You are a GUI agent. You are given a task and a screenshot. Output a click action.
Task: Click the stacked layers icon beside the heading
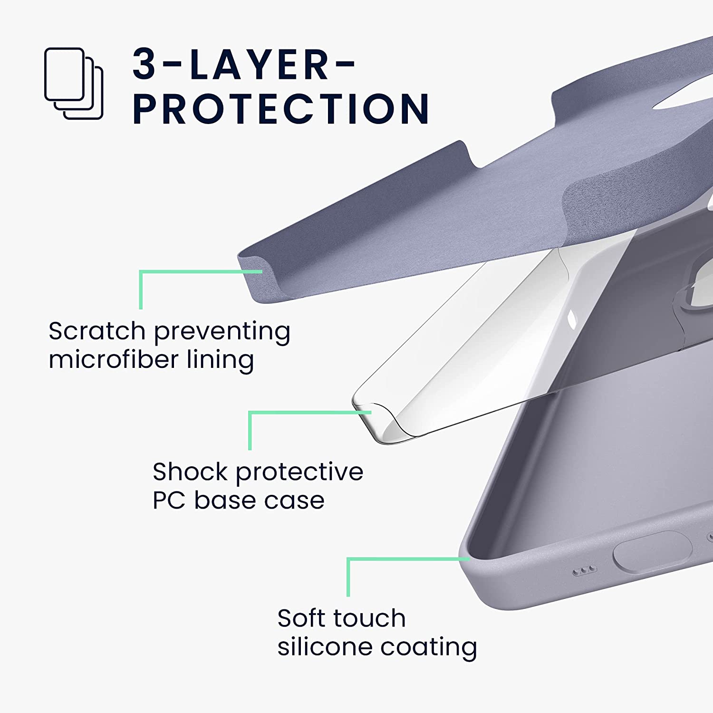pos(74,83)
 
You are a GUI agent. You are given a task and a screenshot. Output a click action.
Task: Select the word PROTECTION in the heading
pos(281,109)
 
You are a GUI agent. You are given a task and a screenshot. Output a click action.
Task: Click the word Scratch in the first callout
pos(96,331)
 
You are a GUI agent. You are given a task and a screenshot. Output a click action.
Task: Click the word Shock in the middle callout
pos(190,472)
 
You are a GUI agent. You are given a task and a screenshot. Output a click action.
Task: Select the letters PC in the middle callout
pos(168,501)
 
